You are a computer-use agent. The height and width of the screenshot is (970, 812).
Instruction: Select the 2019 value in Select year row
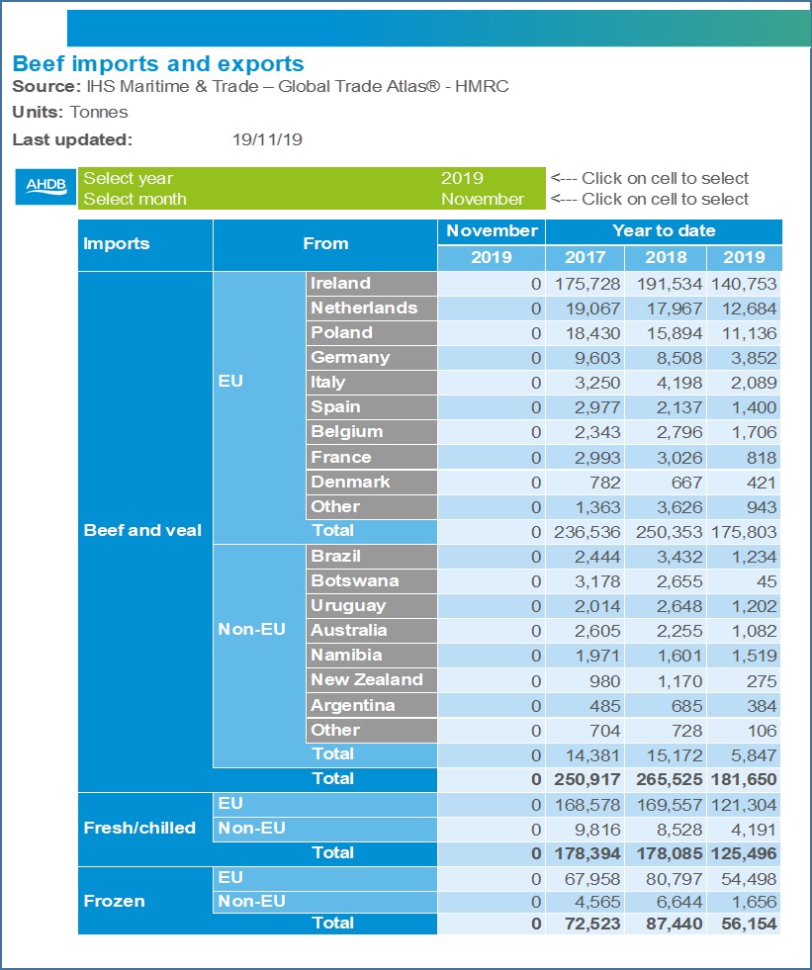462,179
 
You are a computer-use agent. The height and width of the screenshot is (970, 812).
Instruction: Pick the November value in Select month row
483,199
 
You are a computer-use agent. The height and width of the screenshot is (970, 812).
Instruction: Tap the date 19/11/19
267,139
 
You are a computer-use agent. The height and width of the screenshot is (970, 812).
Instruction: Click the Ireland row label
340,283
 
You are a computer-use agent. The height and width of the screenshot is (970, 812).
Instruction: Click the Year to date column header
664,230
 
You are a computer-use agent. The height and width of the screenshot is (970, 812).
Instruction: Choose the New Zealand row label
366,679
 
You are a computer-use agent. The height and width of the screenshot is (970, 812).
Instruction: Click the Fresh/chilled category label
139,828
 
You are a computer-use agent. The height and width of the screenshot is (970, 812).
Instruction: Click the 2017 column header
586,257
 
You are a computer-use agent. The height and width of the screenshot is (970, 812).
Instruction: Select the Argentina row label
352,705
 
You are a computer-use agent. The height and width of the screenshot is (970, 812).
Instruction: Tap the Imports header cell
117,243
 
